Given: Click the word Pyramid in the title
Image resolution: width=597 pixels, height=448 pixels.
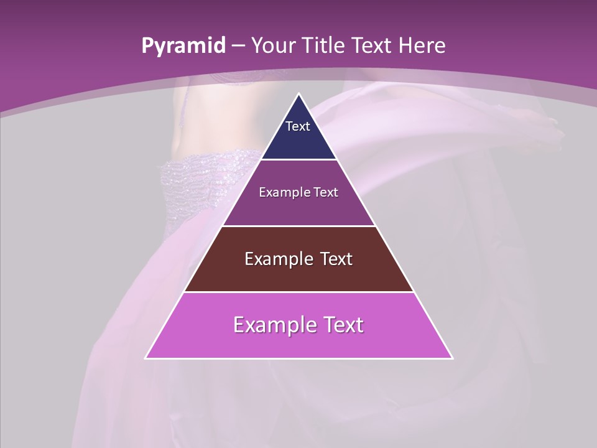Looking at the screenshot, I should (x=183, y=46).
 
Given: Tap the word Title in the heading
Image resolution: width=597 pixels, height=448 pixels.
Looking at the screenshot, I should (x=324, y=45).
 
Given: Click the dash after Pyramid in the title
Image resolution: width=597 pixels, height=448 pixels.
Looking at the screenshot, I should (x=238, y=46).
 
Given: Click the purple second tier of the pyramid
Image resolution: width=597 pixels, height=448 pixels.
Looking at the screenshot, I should (x=298, y=205).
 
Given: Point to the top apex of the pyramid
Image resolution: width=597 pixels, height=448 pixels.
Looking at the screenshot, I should (x=298, y=95).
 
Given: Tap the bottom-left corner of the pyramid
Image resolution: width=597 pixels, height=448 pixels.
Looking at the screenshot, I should (x=146, y=358).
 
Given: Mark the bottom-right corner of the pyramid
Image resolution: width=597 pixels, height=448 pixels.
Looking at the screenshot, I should (x=451, y=358).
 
